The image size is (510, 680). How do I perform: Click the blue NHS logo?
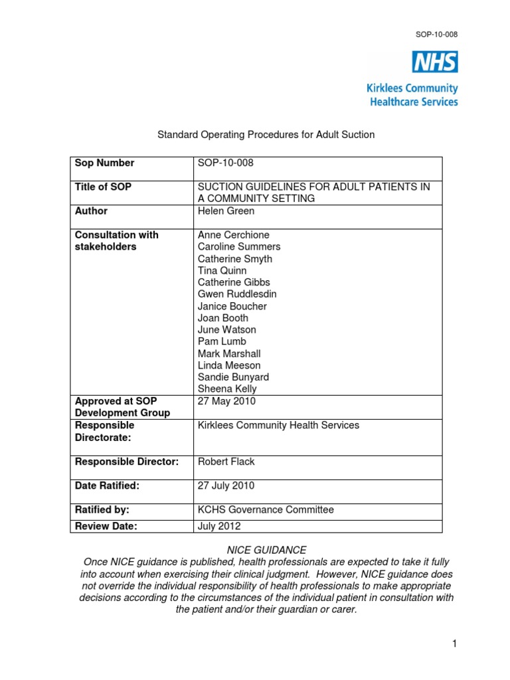[435, 62]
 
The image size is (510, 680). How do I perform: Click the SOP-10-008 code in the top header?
[438, 35]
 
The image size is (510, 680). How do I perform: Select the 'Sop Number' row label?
[104, 163]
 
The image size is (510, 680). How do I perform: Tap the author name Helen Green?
[226, 211]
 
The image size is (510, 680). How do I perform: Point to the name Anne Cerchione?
[233, 235]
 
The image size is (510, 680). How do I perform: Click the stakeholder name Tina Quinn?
[222, 271]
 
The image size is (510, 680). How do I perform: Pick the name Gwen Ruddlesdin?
[237, 294]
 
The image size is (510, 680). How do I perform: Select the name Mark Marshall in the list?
[229, 354]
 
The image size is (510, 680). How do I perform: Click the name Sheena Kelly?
[226, 389]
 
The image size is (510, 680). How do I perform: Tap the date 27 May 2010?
[226, 401]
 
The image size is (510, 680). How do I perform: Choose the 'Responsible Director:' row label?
[127, 462]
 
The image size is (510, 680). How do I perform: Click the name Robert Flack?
[226, 462]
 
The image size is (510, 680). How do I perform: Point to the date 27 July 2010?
[226, 486]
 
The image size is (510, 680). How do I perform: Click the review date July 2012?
[219, 527]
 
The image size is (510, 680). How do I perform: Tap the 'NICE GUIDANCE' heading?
[266, 551]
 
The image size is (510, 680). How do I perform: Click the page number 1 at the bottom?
[454, 644]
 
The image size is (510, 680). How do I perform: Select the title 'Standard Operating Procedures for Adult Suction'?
[266, 135]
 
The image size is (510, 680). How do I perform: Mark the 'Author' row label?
[91, 211]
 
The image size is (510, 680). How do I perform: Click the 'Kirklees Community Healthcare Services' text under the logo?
[412, 95]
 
